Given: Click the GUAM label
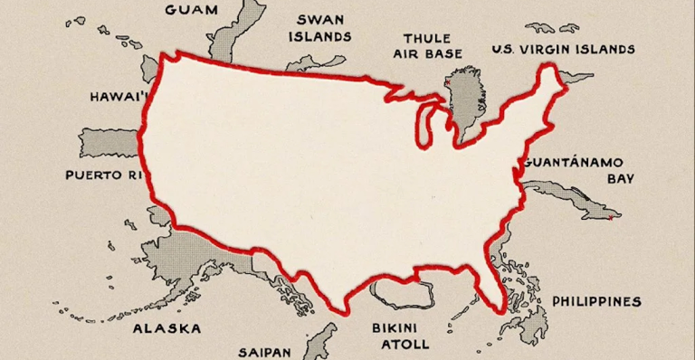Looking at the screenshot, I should coord(192,10).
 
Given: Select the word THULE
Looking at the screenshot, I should coord(425,38).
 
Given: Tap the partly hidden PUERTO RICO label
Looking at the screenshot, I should coord(105,174).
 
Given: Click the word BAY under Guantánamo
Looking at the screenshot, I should coord(620,179).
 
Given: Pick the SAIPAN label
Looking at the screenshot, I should coord(264,350).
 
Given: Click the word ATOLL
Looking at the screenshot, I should coord(399,344).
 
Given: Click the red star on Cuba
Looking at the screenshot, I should coord(612,217).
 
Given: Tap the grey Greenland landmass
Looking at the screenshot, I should coord(467,99).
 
